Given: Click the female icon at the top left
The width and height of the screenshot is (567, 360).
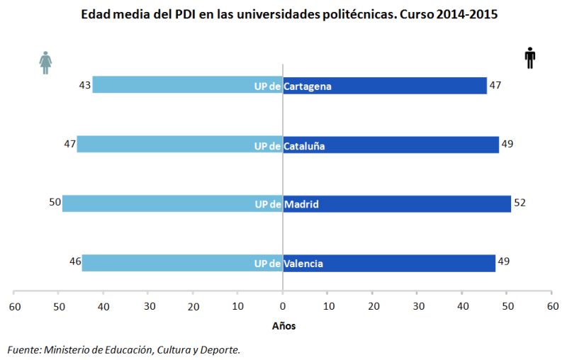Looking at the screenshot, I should pyautogui.click(x=45, y=62).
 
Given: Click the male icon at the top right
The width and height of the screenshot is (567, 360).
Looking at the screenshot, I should pyautogui.click(x=529, y=59).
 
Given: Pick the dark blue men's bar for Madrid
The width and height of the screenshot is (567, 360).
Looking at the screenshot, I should pyautogui.click(x=397, y=203).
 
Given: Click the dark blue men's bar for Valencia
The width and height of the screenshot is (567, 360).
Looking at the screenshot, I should pyautogui.click(x=389, y=263).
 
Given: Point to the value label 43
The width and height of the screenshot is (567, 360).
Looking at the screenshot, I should pyautogui.click(x=84, y=85).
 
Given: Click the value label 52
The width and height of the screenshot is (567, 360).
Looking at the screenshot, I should pyautogui.click(x=520, y=203).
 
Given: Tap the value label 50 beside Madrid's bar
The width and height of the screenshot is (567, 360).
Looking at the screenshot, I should pyautogui.click(x=55, y=203).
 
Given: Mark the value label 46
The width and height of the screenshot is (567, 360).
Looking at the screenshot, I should pyautogui.click(x=74, y=262).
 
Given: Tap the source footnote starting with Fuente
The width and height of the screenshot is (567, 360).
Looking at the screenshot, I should pyautogui.click(x=123, y=349).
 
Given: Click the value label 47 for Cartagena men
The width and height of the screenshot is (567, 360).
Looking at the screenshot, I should pyautogui.click(x=495, y=85).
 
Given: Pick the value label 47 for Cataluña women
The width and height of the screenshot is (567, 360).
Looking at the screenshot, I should pyautogui.click(x=69, y=144).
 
